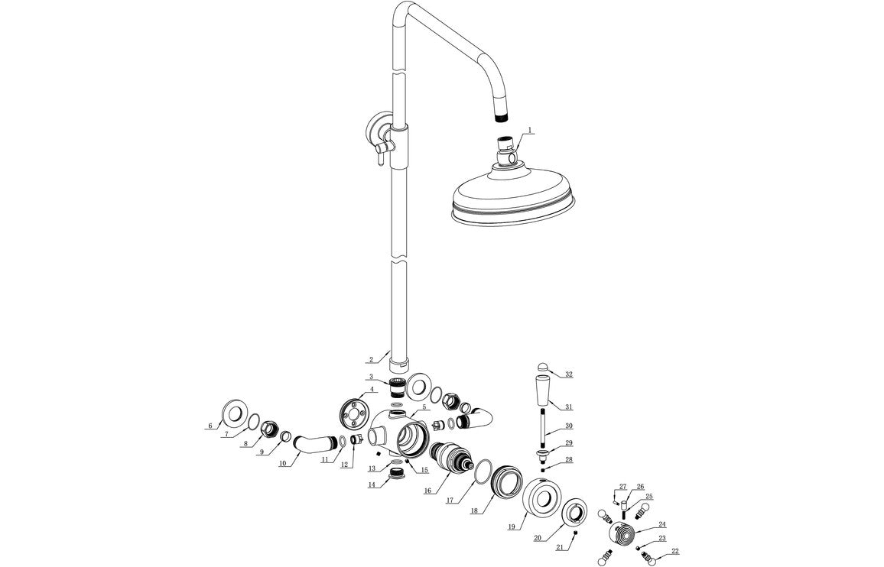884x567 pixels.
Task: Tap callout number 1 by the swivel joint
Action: click(x=530, y=131)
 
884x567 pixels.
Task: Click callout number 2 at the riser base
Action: click(x=371, y=359)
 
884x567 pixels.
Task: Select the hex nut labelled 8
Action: click(x=269, y=430)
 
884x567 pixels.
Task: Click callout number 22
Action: click(x=674, y=551)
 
